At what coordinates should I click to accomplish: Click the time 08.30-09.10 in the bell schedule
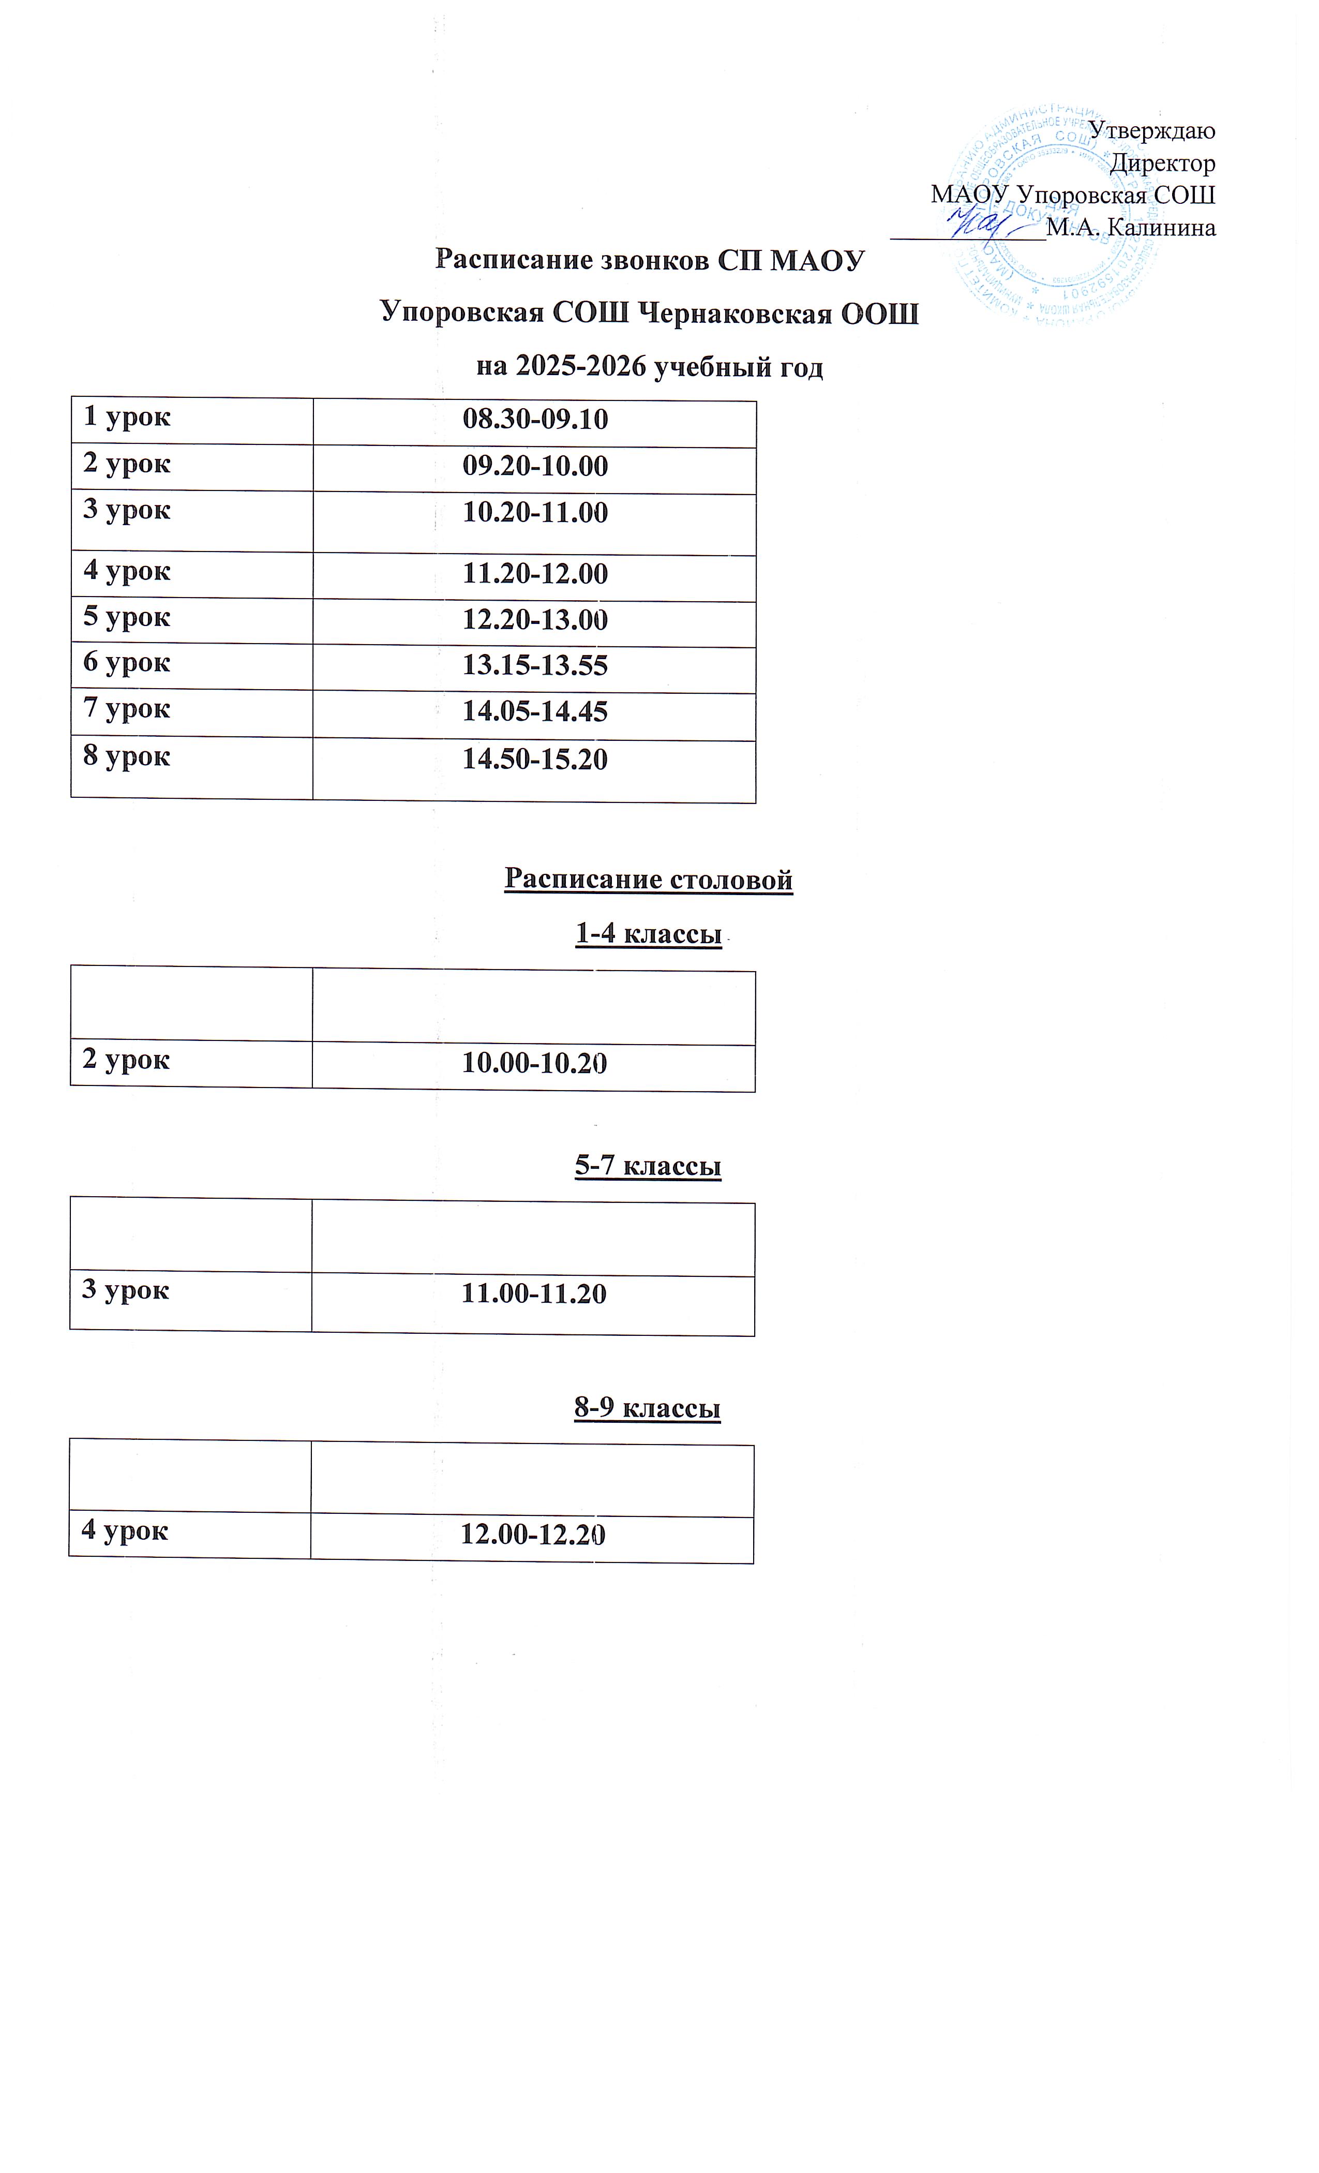pos(535,420)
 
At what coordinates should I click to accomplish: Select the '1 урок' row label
pos(127,417)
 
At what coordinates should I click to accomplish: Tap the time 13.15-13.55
pos(535,666)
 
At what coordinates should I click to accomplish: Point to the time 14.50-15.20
pos(535,760)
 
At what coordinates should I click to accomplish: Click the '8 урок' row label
pos(127,756)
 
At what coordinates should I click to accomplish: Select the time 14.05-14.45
pos(535,712)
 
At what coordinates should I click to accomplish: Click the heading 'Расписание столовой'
pos(648,879)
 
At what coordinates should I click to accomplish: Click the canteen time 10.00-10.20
pos(534,1064)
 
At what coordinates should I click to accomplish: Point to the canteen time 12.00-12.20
pos(533,1536)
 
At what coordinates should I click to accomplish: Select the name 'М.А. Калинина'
pos(1130,228)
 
